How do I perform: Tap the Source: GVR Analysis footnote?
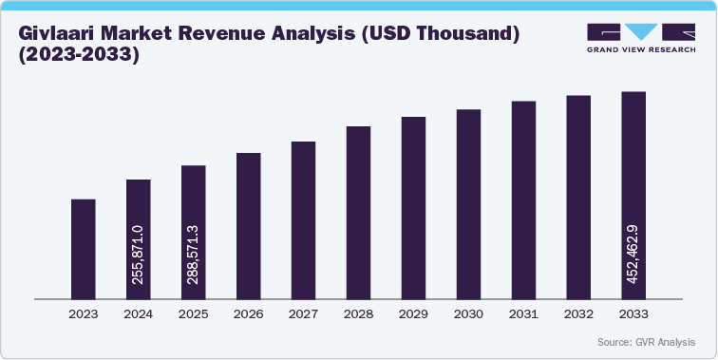[x=647, y=341]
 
